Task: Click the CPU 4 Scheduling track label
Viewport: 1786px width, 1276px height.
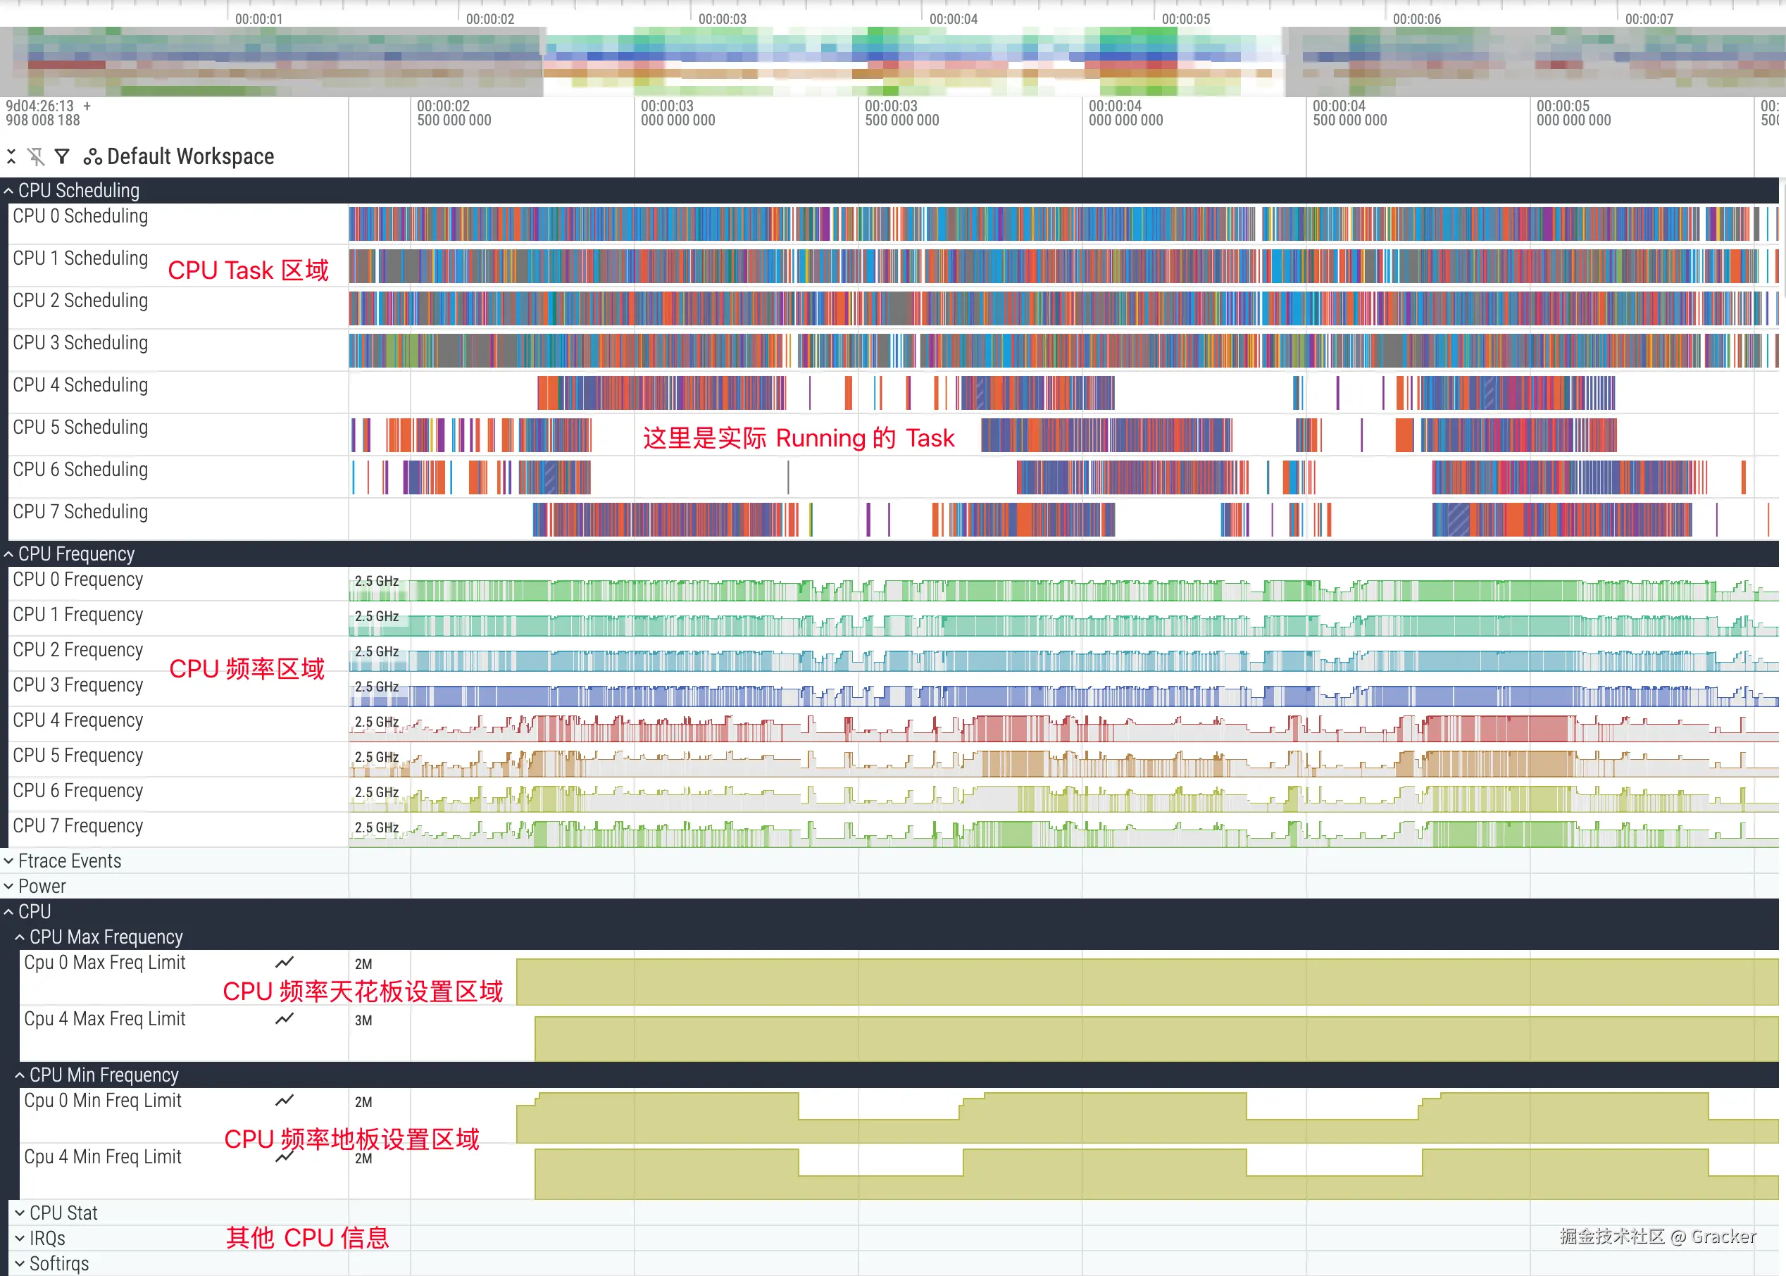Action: click(x=80, y=385)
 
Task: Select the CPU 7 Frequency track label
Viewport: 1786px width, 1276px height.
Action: click(x=77, y=826)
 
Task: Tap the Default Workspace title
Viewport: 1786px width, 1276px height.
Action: click(x=190, y=156)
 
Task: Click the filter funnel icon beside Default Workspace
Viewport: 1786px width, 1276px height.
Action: click(x=62, y=156)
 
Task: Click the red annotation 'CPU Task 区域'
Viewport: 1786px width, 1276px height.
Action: click(x=249, y=270)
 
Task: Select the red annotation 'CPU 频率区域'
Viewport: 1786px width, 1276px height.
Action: click(x=246, y=669)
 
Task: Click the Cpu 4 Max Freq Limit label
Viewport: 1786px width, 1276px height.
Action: click(x=104, y=1019)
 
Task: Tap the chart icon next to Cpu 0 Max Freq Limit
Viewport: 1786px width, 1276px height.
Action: click(x=285, y=963)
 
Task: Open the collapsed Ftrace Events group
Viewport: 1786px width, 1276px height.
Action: click(x=69, y=861)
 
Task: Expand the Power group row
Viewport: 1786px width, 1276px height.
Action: click(x=42, y=887)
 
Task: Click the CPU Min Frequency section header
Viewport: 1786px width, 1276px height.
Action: click(x=104, y=1075)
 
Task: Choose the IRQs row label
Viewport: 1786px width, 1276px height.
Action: click(x=47, y=1238)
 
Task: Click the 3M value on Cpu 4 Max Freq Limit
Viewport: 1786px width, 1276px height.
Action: click(x=363, y=1020)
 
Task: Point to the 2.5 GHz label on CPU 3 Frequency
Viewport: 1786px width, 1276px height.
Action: click(x=376, y=687)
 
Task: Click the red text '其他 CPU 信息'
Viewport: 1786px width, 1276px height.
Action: click(x=307, y=1237)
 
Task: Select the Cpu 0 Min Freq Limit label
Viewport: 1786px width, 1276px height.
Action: click(x=102, y=1101)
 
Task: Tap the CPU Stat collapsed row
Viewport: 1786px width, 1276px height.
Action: click(x=63, y=1213)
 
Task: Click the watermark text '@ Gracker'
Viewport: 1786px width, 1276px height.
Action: click(x=1713, y=1237)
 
